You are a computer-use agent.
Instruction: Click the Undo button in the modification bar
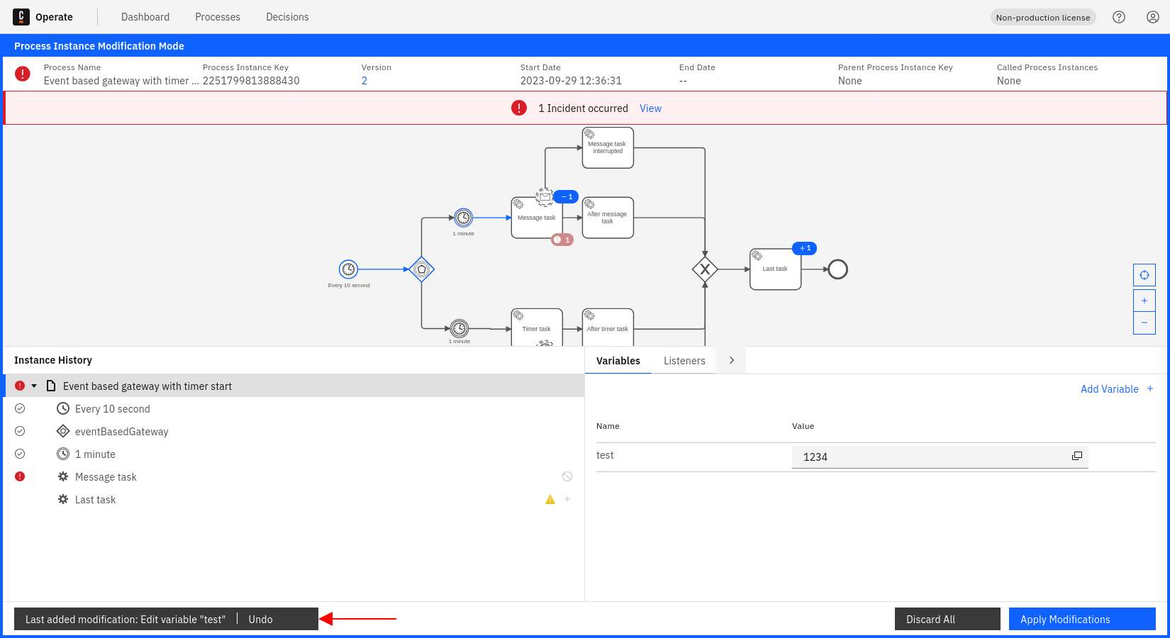point(260,619)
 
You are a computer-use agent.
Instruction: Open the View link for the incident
point(650,108)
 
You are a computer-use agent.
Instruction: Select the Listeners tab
point(684,361)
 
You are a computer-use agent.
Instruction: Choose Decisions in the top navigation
point(287,17)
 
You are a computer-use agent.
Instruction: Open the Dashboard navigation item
point(145,17)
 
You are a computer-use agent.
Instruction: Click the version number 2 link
point(364,81)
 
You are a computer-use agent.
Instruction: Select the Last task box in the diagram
point(775,269)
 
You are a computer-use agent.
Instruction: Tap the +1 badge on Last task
point(805,248)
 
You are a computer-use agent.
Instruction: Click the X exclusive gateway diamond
point(705,269)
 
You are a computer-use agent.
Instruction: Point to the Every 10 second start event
point(348,269)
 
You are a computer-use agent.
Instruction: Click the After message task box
point(608,218)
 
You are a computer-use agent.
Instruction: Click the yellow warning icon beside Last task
point(550,500)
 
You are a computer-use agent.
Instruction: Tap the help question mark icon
point(1119,17)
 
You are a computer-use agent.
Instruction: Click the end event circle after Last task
point(838,269)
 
